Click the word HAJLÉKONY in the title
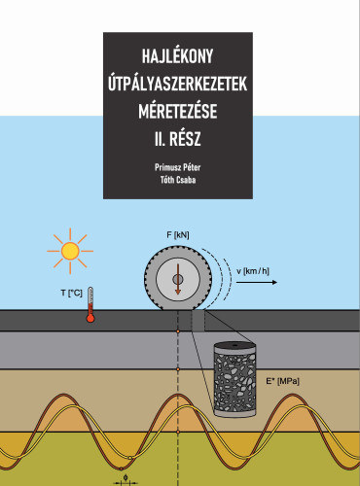tap(177, 55)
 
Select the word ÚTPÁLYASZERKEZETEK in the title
tap(177, 86)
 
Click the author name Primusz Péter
tap(177, 168)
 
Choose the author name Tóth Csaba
tap(177, 181)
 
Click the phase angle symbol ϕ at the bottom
tap(126, 477)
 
